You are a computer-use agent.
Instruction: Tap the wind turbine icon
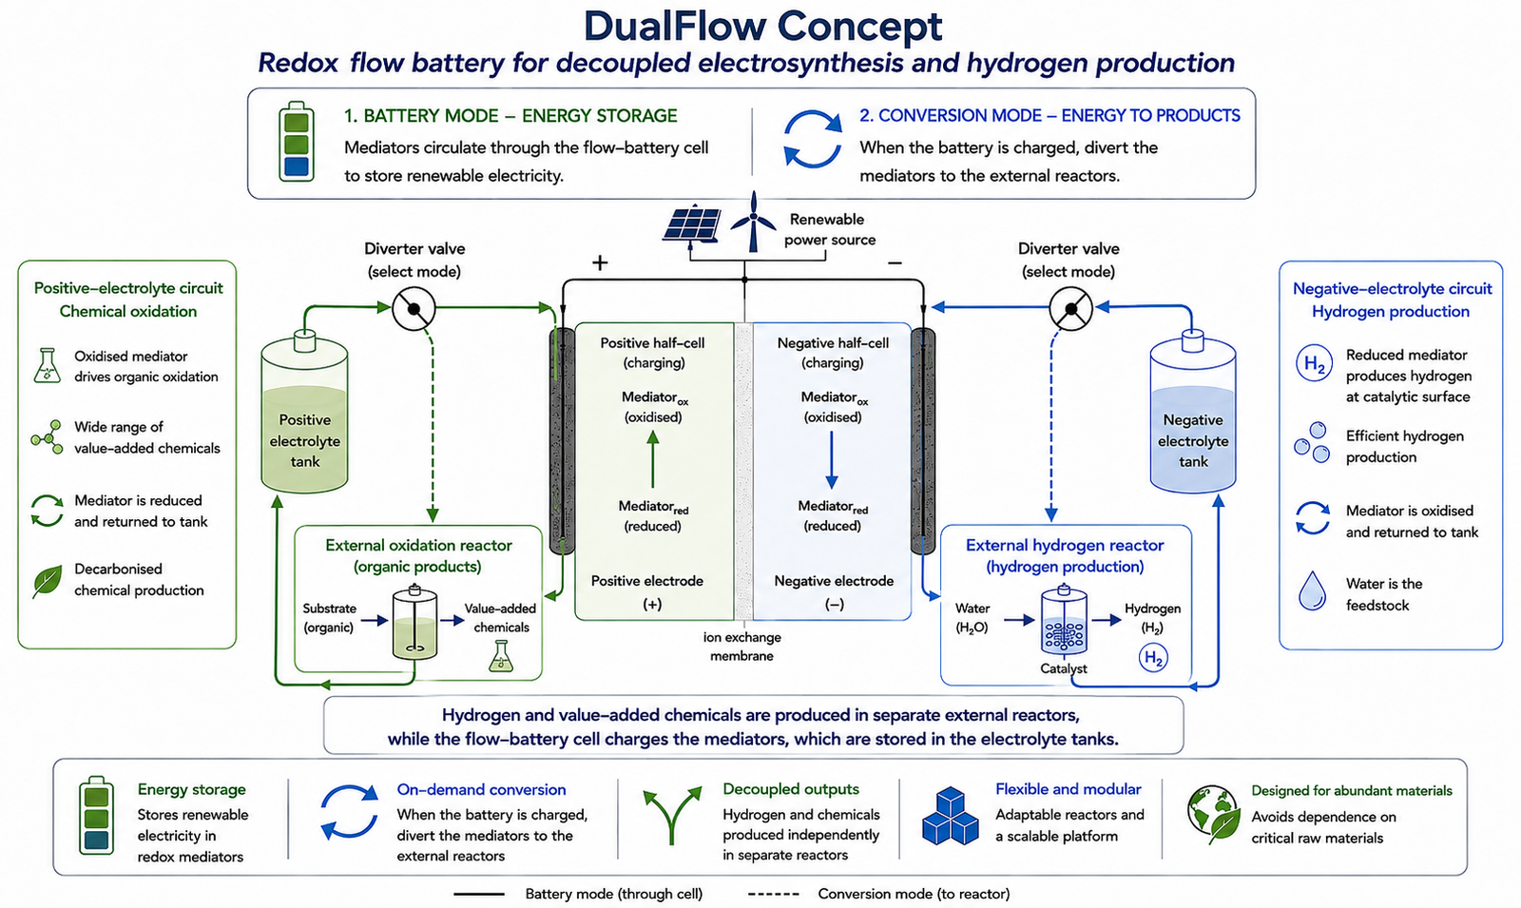point(753,222)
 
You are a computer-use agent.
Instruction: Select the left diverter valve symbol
point(414,308)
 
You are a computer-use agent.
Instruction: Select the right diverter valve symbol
point(1070,308)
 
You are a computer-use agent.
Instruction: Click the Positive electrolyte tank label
point(305,441)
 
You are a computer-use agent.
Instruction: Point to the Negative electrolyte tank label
point(1193,441)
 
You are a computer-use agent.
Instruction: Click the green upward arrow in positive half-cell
point(652,459)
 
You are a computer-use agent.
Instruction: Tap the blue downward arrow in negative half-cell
point(831,460)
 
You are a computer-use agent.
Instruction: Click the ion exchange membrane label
point(741,647)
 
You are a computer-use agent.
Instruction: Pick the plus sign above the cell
point(600,262)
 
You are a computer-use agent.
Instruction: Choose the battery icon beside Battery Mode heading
point(297,142)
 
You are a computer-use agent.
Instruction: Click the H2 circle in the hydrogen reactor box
point(1153,657)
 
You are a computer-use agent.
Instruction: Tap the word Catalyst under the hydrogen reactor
point(1064,668)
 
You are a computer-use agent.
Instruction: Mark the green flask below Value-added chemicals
point(501,656)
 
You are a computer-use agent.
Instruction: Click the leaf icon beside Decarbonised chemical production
point(47,581)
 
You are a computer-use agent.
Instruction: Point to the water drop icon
point(1312,590)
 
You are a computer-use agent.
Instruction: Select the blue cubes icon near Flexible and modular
point(950,816)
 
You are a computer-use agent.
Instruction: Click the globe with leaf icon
point(1213,814)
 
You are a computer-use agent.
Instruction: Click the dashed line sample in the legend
point(774,895)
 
